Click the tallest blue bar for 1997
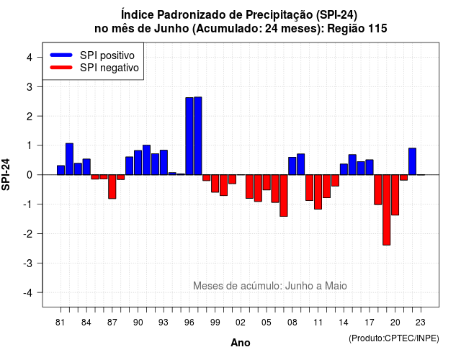click(198, 136)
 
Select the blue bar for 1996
click(189, 136)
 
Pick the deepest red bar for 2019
click(387, 210)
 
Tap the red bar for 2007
click(284, 195)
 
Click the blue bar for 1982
click(69, 159)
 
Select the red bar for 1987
click(112, 186)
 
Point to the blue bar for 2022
click(413, 161)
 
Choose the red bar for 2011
click(318, 192)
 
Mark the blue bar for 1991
click(146, 160)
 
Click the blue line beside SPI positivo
click(61, 55)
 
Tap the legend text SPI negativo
click(109, 68)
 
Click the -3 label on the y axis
click(28, 264)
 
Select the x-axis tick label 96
click(189, 323)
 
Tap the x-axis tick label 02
click(241, 323)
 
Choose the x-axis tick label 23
click(421, 323)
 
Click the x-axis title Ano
click(241, 343)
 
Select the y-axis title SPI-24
click(6, 174)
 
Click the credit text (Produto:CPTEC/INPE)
click(394, 338)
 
